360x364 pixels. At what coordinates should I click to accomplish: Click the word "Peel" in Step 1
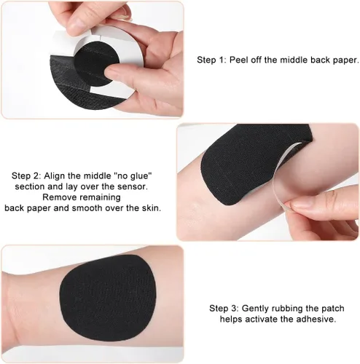pyautogui.click(x=239, y=60)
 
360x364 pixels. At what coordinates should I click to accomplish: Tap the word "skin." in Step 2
pyautogui.click(x=152, y=208)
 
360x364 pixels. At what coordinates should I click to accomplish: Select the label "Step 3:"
pyautogui.click(x=224, y=309)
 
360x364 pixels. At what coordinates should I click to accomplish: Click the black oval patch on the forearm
pyautogui.click(x=108, y=298)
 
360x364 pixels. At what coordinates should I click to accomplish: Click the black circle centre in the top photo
pyautogui.click(x=97, y=63)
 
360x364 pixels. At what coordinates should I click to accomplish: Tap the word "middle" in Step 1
pyautogui.click(x=294, y=60)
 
